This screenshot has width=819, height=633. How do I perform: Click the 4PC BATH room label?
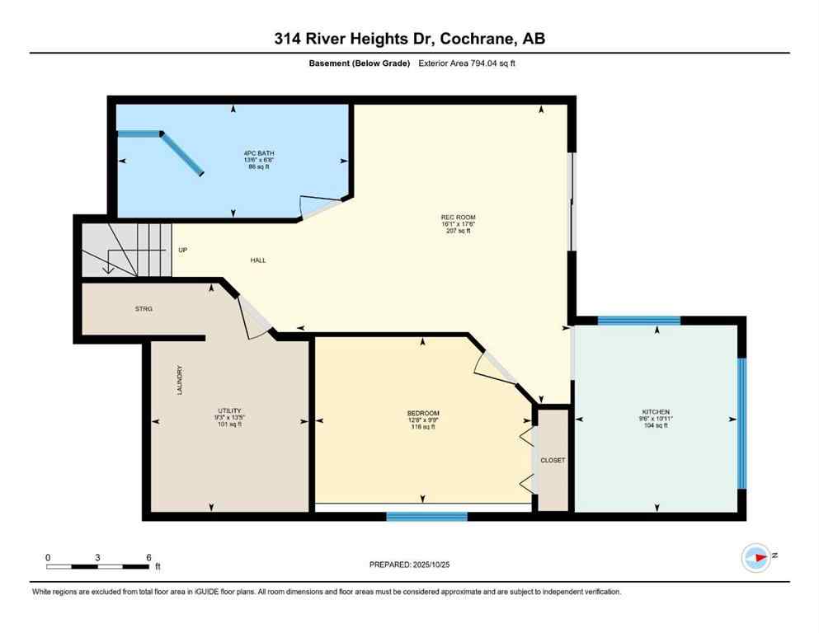235,152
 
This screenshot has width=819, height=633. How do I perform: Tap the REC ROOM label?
455,218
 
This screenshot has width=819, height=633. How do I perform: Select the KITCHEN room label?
657,412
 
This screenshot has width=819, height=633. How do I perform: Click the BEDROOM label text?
423,413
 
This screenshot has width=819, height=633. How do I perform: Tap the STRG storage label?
144,308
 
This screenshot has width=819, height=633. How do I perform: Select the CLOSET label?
552,460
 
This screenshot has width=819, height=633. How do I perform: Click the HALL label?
258,260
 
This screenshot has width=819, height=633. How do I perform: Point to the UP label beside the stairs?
182,249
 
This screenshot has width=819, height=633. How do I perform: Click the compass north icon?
755,558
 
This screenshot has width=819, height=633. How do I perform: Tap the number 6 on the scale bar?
148,557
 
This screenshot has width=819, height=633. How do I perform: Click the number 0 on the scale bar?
48,557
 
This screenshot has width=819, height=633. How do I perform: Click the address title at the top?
409,39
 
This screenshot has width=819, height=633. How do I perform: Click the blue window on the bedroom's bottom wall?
427,517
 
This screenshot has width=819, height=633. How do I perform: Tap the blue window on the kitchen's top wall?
638,321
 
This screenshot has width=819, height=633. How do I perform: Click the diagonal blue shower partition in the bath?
181,153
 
